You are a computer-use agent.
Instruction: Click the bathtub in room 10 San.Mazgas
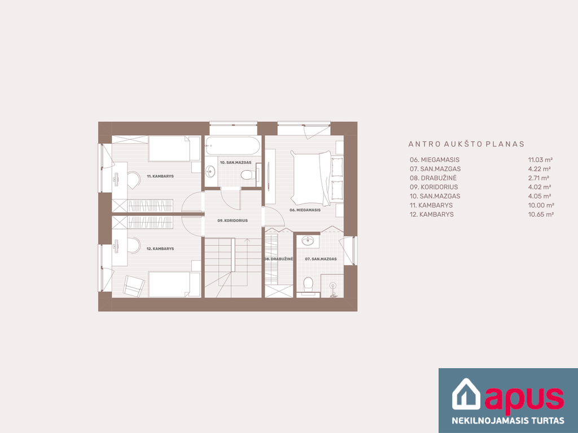pyautogui.click(x=233, y=146)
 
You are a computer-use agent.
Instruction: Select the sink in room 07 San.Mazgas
pyautogui.click(x=308, y=241)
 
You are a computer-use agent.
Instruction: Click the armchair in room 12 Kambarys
pyautogui.click(x=134, y=285)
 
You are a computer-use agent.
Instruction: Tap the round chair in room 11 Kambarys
pyautogui.click(x=133, y=180)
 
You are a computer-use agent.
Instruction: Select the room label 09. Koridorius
pyautogui.click(x=232, y=220)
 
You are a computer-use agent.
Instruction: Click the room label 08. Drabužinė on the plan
pyautogui.click(x=279, y=259)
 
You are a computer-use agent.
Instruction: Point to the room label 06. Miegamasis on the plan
pyautogui.click(x=305, y=210)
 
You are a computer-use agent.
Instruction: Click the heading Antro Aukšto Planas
pyautogui.click(x=466, y=144)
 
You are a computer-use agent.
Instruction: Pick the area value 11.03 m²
pyautogui.click(x=540, y=160)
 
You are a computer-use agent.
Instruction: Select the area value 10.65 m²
pyautogui.click(x=541, y=214)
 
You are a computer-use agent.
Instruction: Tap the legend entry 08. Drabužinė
pyautogui.click(x=433, y=178)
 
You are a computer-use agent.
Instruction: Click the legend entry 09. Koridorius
pyautogui.click(x=434, y=187)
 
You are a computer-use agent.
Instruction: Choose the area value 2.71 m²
pyautogui.click(x=539, y=178)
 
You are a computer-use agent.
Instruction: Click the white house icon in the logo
pyautogui.click(x=466, y=394)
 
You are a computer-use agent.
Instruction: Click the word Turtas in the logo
pyautogui.click(x=546, y=421)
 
